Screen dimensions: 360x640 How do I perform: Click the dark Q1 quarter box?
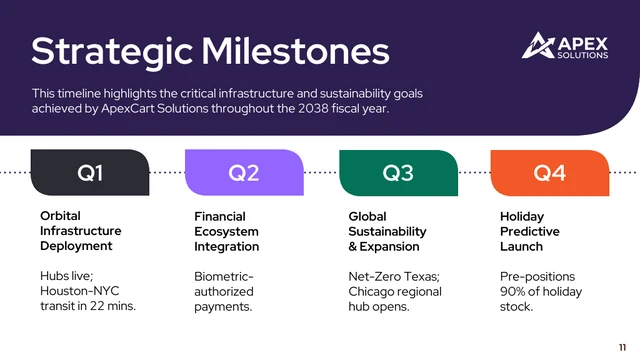click(90, 172)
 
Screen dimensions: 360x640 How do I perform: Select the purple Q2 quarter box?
click(244, 172)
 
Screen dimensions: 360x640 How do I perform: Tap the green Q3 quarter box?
click(398, 172)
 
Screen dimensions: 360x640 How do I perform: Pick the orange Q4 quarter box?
click(549, 172)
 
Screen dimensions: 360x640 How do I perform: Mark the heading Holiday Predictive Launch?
click(528, 231)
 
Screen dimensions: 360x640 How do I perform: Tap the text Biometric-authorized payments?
click(224, 291)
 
